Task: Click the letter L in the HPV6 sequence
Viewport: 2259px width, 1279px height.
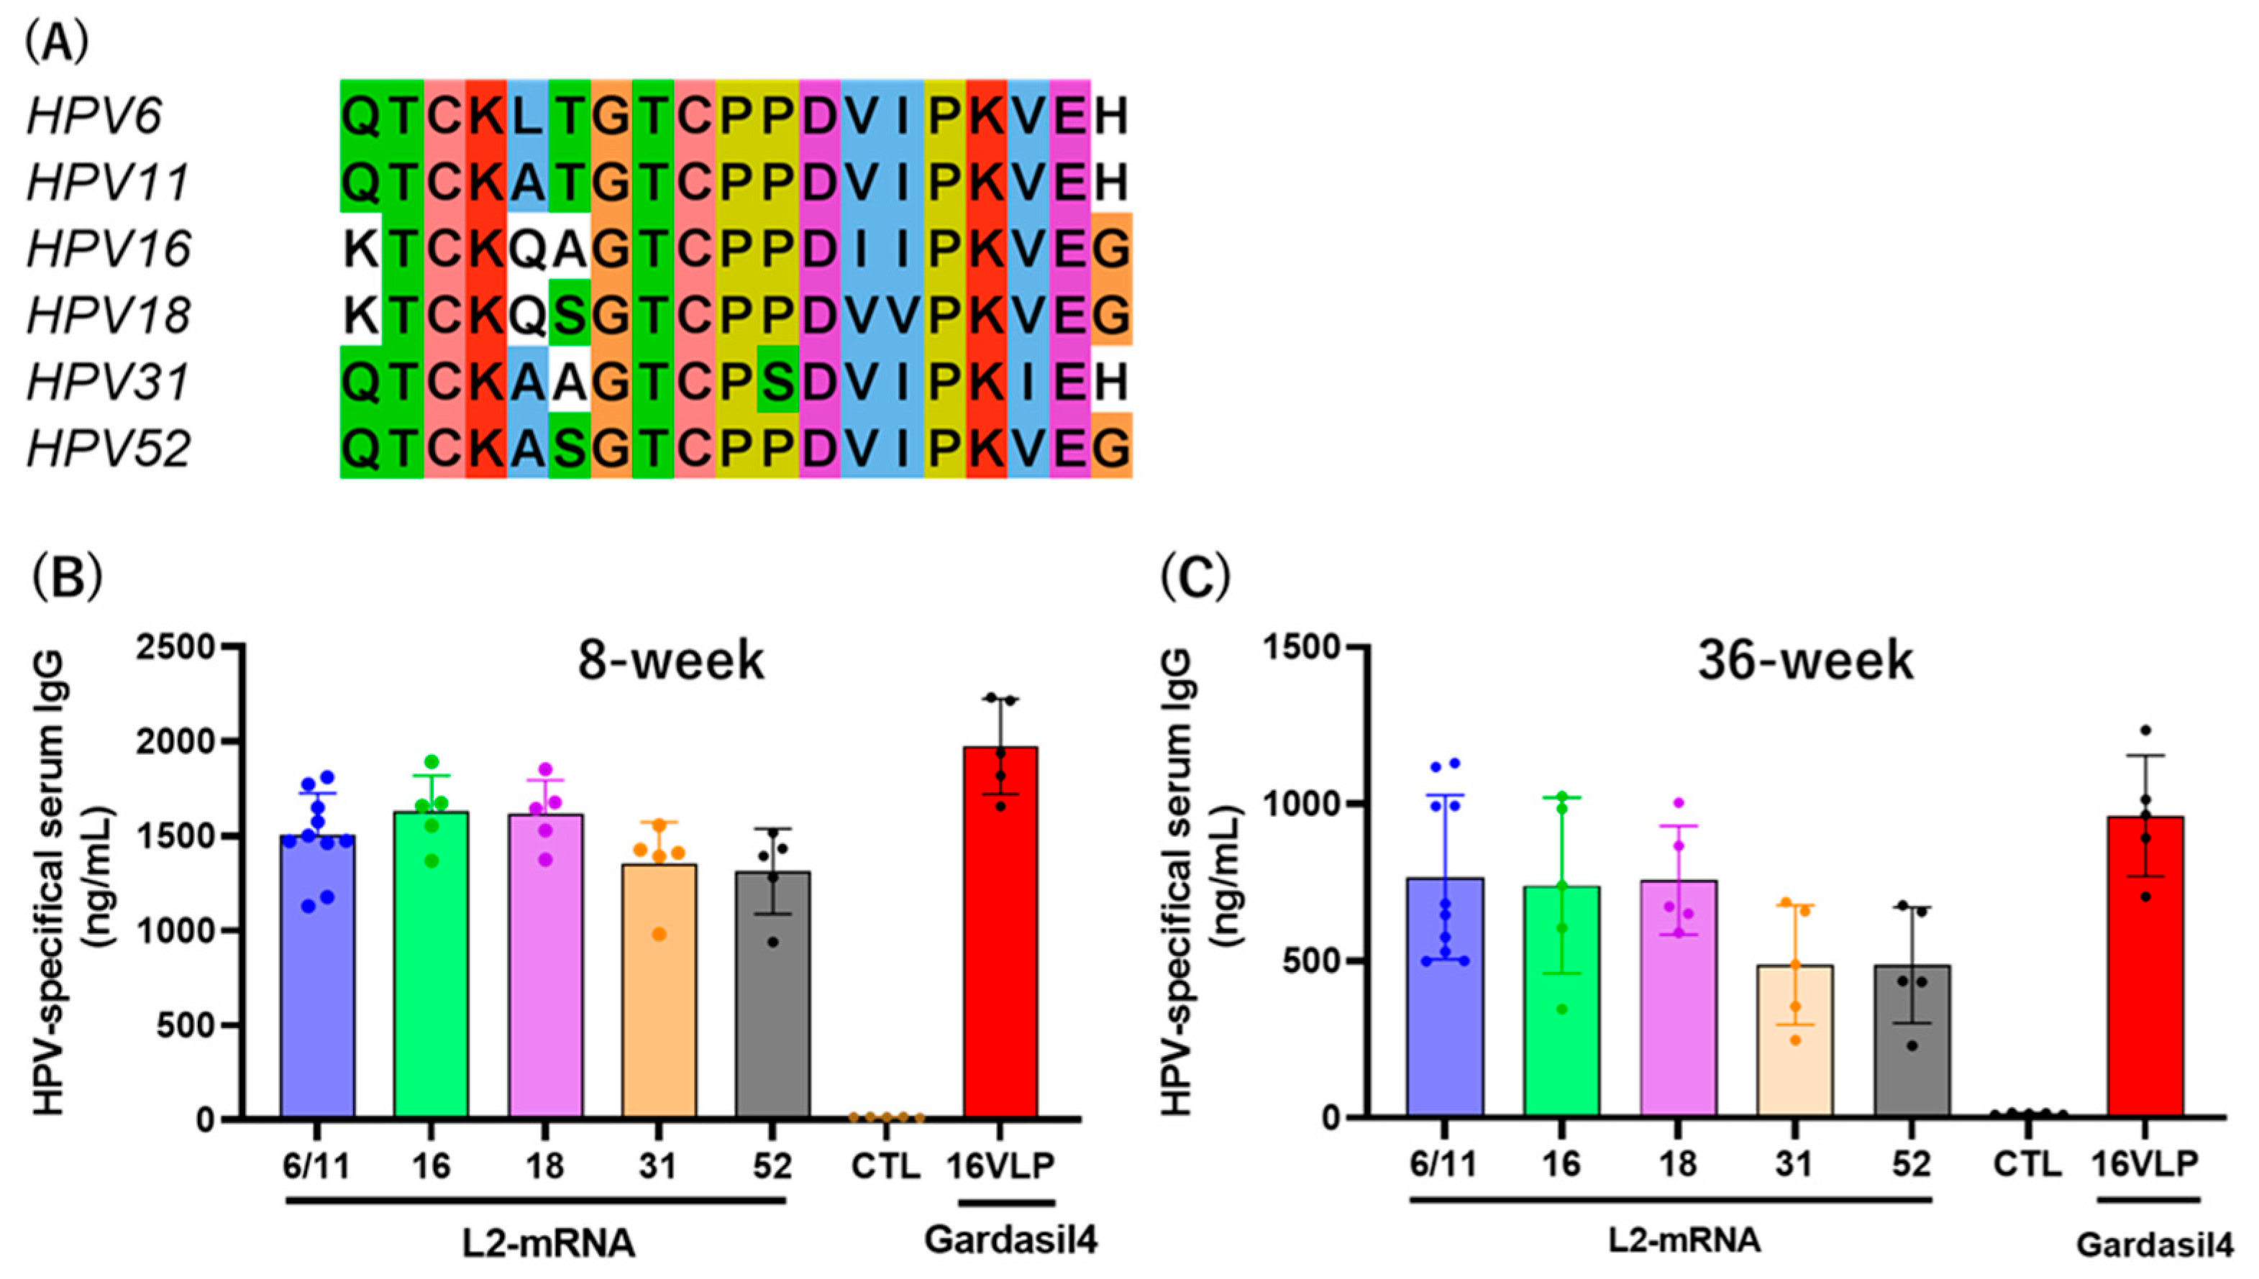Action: (x=527, y=116)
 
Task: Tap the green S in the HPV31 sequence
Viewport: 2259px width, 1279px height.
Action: (x=777, y=382)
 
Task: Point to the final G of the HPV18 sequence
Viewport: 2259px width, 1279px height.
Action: (x=1111, y=316)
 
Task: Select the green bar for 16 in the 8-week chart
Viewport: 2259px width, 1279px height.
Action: (x=431, y=966)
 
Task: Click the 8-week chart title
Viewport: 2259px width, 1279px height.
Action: (x=670, y=661)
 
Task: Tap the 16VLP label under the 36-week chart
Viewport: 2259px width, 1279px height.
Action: (x=2144, y=1164)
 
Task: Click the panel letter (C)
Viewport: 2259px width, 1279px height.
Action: (x=1195, y=577)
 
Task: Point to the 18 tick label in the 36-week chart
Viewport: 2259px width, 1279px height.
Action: (x=1677, y=1164)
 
